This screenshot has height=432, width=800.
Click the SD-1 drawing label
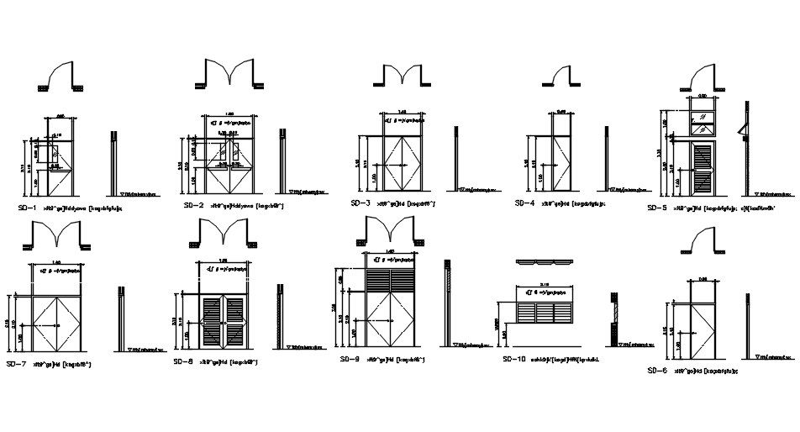27,206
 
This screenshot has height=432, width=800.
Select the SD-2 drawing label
194,205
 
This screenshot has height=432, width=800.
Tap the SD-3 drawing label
361,203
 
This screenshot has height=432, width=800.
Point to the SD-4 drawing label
524,203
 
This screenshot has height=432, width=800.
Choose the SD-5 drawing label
658,207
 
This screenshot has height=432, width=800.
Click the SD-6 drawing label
658,371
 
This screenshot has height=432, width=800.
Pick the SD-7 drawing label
17,364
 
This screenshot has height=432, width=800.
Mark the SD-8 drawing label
183,361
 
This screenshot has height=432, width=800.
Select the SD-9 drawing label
350,359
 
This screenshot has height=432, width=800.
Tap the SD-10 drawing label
514,359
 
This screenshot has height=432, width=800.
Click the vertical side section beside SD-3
456,160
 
